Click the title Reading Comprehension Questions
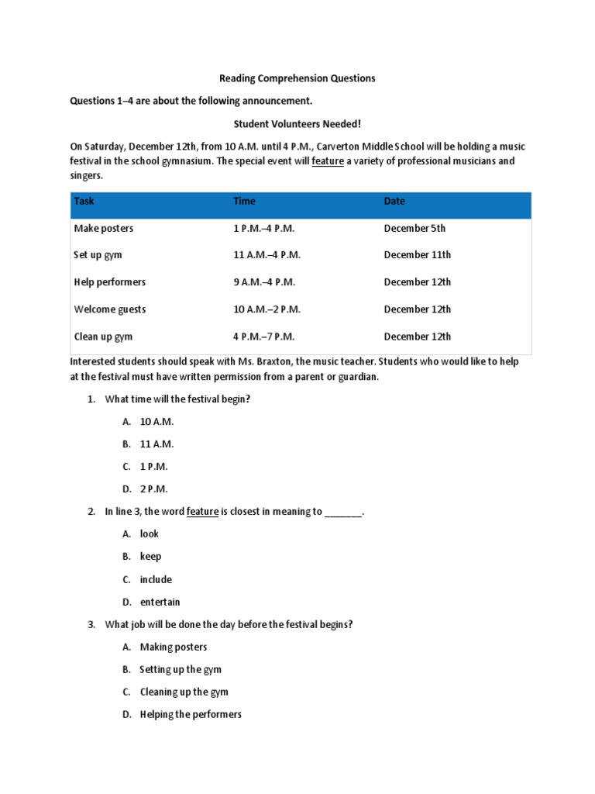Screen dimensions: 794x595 point(297,78)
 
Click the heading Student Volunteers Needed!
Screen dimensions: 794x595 point(297,123)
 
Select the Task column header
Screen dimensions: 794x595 point(84,202)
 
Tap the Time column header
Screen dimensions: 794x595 point(244,202)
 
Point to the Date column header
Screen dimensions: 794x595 point(394,202)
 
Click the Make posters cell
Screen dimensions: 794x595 point(104,229)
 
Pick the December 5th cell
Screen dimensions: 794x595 point(414,229)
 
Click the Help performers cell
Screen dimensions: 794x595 point(110,282)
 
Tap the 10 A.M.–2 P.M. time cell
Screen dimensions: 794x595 point(267,309)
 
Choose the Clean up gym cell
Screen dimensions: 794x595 point(104,337)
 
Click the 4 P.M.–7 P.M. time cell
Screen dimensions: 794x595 point(264,337)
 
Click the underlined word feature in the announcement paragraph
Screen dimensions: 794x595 point(328,161)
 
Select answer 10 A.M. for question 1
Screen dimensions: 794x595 point(156,422)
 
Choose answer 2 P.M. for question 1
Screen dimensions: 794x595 point(153,489)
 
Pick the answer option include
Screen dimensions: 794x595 point(156,579)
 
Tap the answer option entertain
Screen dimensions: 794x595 point(160,602)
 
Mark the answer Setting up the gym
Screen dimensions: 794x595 point(181,669)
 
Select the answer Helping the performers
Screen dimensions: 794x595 point(191,714)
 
